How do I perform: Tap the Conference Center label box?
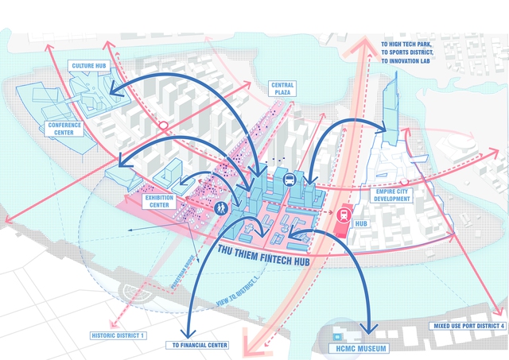point(64,129)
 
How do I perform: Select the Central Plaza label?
point(283,89)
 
